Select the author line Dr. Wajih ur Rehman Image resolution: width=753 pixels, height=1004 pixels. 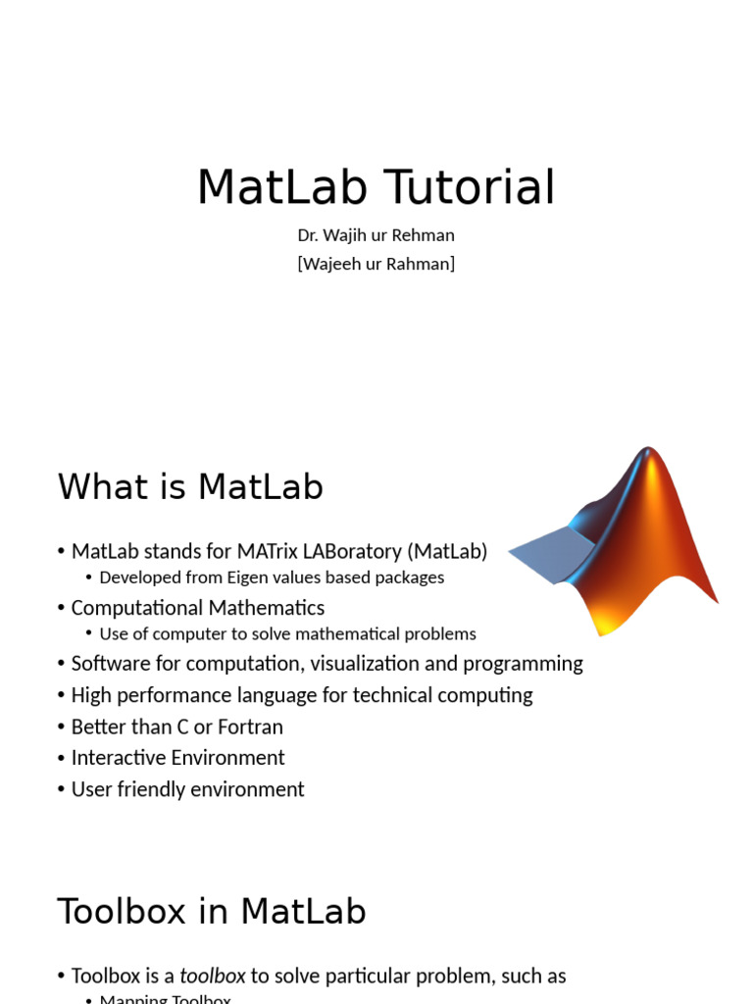[x=376, y=235]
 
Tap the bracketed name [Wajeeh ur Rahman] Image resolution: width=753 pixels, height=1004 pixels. [x=376, y=264]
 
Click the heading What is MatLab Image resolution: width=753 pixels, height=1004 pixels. [x=190, y=487]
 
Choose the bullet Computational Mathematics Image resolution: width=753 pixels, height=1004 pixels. [x=197, y=608]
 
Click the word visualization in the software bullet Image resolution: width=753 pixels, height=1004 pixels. [x=365, y=664]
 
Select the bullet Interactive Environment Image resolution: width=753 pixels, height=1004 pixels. [x=177, y=758]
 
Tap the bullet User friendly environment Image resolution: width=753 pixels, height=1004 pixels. [x=187, y=789]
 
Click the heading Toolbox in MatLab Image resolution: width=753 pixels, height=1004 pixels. [x=212, y=912]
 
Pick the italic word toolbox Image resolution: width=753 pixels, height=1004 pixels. [x=213, y=977]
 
